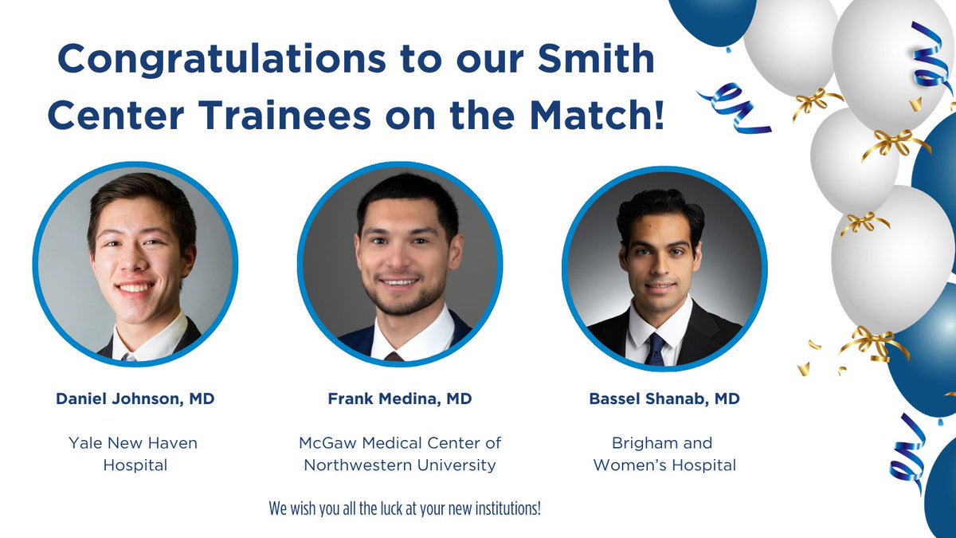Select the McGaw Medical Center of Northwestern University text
(x=399, y=454)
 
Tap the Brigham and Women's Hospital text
(x=664, y=454)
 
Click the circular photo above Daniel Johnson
(x=135, y=265)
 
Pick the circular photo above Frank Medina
(x=399, y=265)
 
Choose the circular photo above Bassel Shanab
(x=664, y=265)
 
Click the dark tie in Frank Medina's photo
(x=394, y=355)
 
